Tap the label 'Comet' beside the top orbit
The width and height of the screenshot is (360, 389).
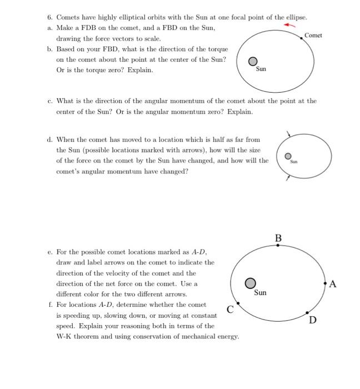click(313, 36)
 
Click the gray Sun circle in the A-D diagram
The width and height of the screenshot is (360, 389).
click(251, 283)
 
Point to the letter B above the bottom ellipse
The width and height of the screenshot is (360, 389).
click(278, 238)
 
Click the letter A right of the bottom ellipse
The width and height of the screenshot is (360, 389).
click(333, 285)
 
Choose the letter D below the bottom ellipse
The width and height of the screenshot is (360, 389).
click(313, 320)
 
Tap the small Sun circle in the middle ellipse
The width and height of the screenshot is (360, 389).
click(288, 156)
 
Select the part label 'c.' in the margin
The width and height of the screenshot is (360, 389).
click(50, 101)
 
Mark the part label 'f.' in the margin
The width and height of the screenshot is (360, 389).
click(50, 305)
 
